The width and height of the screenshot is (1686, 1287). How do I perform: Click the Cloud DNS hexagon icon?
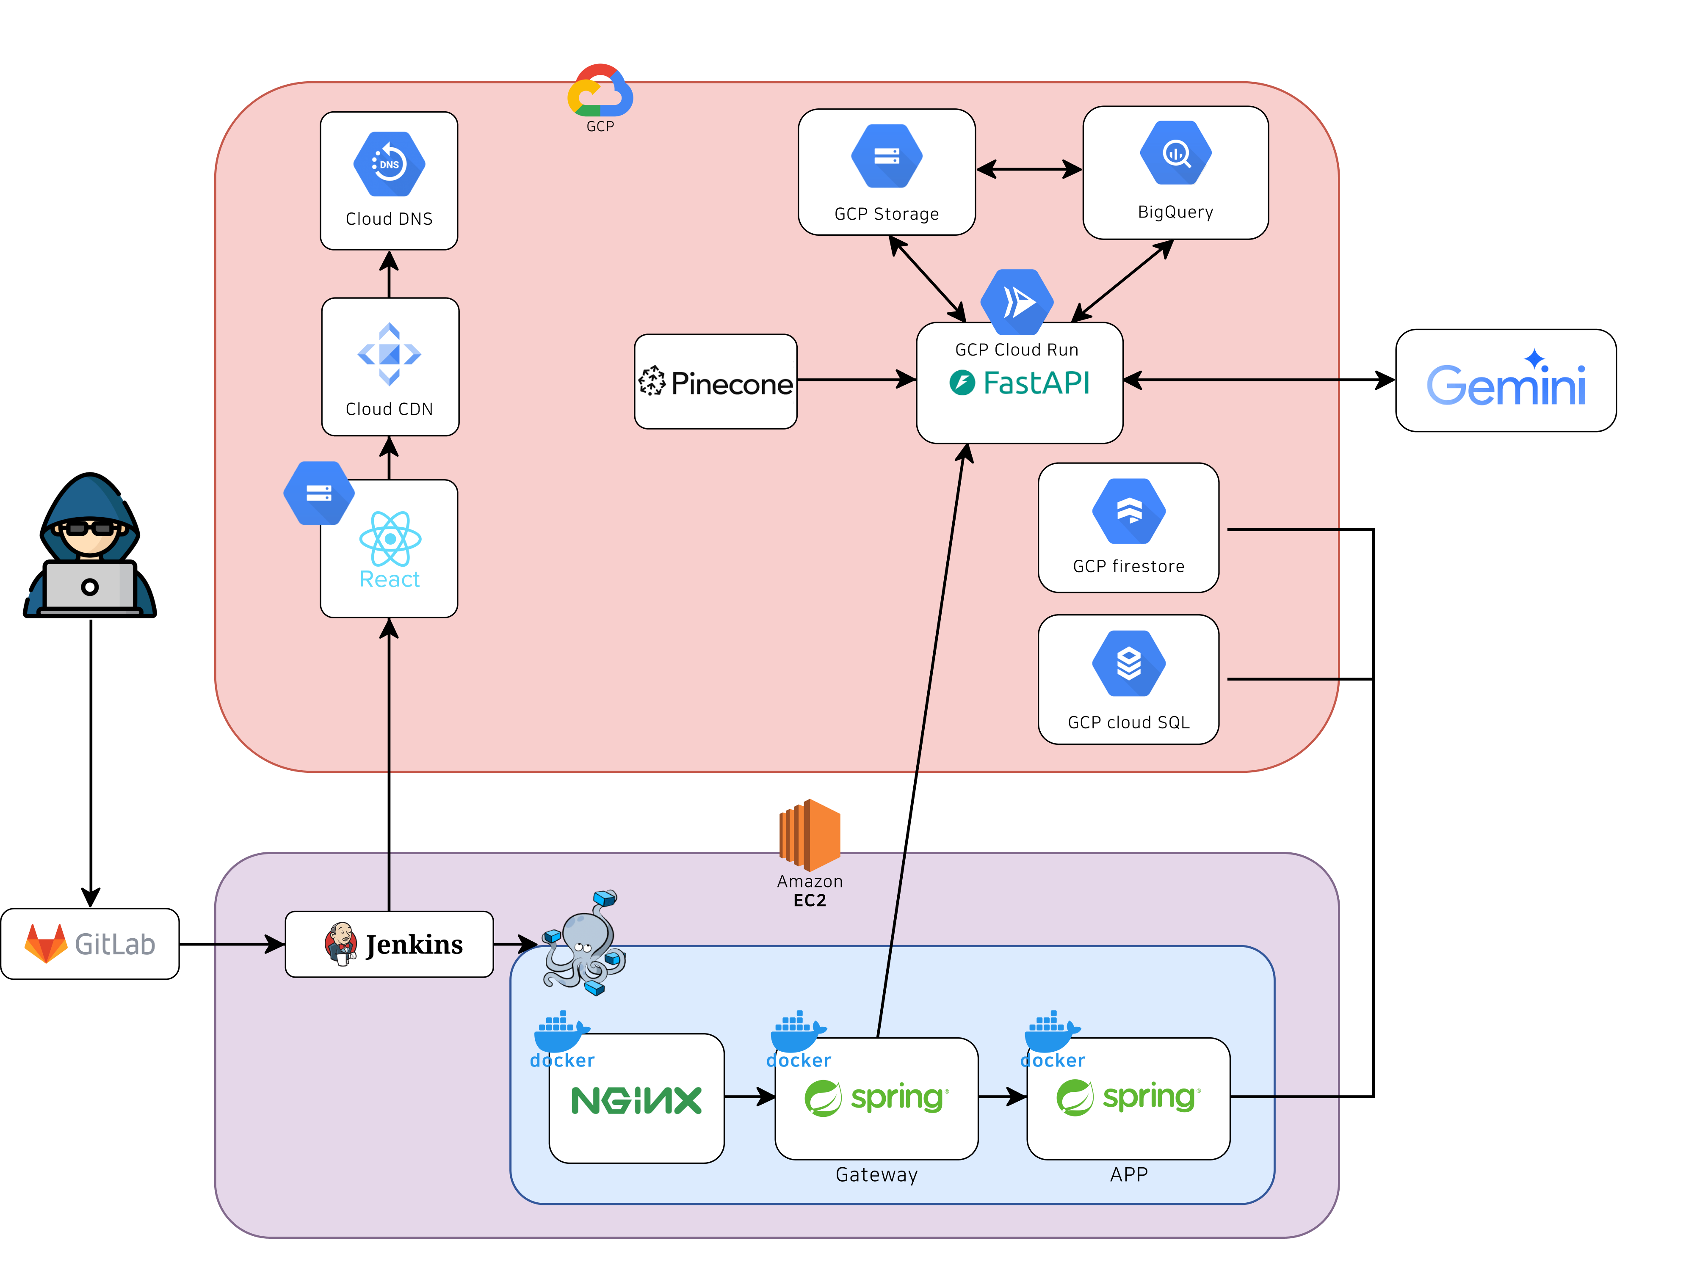(x=389, y=164)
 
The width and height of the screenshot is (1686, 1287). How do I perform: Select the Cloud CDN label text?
(x=389, y=409)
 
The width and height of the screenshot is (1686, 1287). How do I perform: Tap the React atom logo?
(x=390, y=539)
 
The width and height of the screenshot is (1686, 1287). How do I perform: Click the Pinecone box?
(x=716, y=381)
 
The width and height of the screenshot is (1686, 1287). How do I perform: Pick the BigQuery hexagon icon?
(x=1176, y=153)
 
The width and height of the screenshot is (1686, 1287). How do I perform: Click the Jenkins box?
(x=389, y=944)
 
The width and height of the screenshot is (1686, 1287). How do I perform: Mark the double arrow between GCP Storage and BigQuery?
(x=1028, y=169)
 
